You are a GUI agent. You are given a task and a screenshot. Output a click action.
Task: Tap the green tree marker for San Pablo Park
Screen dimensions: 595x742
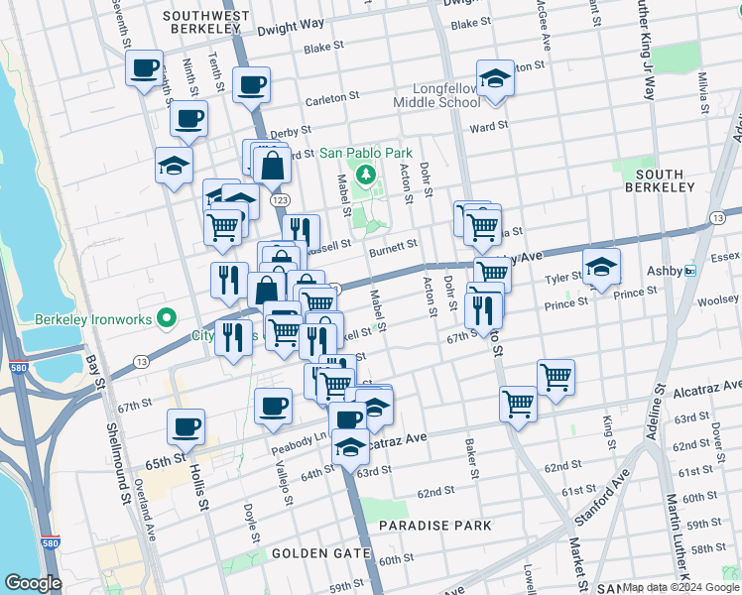pyautogui.click(x=366, y=176)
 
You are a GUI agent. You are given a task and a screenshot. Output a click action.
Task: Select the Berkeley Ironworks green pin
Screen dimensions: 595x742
pyautogui.click(x=167, y=318)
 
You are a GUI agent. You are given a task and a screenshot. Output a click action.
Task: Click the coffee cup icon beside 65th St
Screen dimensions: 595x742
pyautogui.click(x=186, y=427)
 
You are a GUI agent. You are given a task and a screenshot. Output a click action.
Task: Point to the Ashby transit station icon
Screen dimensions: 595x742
pyautogui.click(x=690, y=271)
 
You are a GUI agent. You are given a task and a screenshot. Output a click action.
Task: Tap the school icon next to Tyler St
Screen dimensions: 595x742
pyautogui.click(x=601, y=266)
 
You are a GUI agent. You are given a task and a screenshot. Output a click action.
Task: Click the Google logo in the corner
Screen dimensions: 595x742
pyautogui.click(x=34, y=583)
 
